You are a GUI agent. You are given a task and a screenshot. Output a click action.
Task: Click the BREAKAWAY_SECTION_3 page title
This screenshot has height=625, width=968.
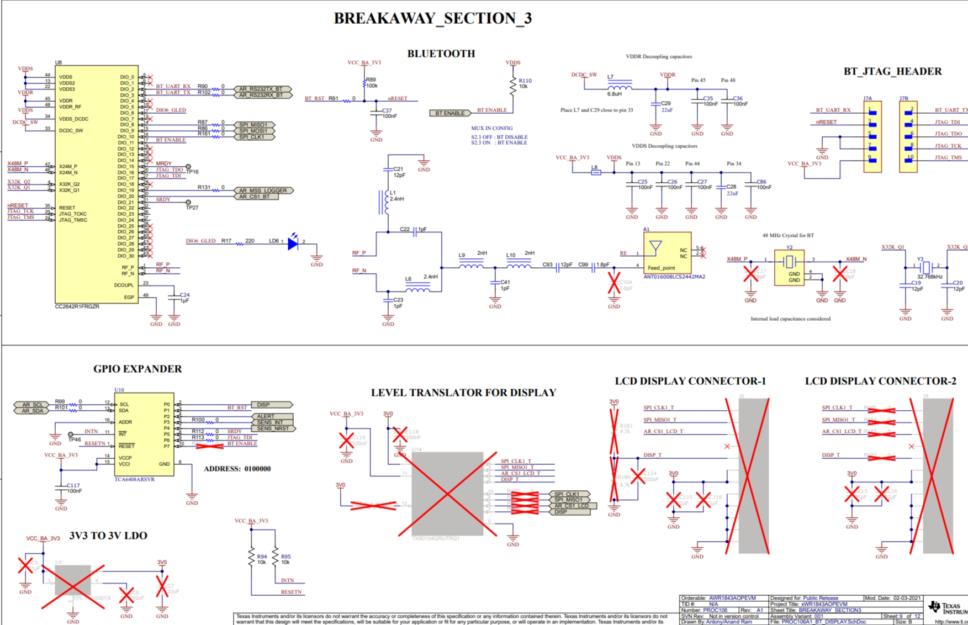(432, 18)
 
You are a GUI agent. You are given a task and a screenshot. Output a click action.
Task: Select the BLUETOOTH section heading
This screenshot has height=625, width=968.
(441, 54)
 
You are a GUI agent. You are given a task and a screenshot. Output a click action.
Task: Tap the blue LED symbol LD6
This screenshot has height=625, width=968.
(293, 243)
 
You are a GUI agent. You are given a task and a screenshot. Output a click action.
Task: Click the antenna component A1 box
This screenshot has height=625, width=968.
(667, 252)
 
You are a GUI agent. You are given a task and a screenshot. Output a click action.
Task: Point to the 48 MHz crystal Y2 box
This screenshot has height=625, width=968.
(789, 267)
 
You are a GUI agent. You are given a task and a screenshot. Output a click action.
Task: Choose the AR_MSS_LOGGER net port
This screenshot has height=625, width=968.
(263, 190)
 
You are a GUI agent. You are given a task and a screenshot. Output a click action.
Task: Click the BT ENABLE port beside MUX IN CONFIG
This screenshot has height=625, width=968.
(450, 113)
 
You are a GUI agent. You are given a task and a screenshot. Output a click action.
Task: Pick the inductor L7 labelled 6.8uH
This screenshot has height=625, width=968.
(620, 87)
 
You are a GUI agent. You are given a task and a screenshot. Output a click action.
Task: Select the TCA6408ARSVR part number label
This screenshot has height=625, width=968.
(134, 479)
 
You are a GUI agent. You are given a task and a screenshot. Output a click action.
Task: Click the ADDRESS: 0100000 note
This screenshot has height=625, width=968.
(237, 469)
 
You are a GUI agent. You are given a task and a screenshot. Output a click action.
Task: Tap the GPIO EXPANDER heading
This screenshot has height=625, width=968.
(137, 369)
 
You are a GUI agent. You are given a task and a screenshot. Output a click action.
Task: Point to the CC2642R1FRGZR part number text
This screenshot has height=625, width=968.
(77, 306)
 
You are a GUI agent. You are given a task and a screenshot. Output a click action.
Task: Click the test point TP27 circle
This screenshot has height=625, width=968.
(188, 203)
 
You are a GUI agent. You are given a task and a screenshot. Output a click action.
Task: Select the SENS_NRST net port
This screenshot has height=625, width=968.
(273, 428)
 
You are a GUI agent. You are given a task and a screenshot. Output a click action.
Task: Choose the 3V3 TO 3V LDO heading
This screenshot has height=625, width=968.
(108, 536)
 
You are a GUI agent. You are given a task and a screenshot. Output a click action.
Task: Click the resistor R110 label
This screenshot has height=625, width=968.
(525, 81)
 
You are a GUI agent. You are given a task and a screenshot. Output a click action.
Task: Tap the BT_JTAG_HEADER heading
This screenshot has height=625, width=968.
(892, 71)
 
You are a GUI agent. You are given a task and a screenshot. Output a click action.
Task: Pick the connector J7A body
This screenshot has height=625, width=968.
(872, 136)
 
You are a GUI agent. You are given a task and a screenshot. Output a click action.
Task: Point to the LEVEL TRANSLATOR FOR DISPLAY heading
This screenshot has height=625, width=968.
(463, 393)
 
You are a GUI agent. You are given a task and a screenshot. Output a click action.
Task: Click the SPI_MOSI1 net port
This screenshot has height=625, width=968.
(253, 131)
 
